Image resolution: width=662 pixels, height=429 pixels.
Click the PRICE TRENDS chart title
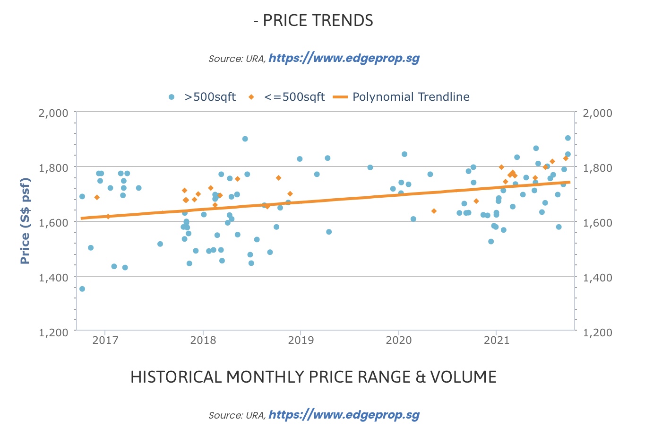pos(313,21)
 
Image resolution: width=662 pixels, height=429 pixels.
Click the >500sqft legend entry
pos(209,97)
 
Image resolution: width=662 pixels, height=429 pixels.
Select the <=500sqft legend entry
pos(294,97)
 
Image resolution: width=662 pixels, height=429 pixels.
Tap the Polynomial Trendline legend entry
pos(410,97)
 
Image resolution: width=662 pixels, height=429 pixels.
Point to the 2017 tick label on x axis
pos(105,340)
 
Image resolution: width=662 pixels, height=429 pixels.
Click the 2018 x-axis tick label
pos(203,340)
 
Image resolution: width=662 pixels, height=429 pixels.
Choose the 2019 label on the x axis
pos(301,340)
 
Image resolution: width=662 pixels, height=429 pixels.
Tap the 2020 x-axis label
pos(398,340)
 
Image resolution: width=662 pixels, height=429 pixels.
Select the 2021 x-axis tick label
pos(496,340)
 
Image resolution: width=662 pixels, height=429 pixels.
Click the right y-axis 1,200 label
pos(598,332)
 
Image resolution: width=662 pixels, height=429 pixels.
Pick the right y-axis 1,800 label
pos(598,168)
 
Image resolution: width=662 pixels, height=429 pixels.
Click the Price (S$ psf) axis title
pos(26,221)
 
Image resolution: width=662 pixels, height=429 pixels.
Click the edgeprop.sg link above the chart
pos(344,58)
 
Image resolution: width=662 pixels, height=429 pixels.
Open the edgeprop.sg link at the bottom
pos(344,415)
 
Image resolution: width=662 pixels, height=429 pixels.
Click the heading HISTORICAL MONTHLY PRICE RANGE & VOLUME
pos(313,377)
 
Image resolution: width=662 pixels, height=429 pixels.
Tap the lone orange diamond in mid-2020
pos(434,211)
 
